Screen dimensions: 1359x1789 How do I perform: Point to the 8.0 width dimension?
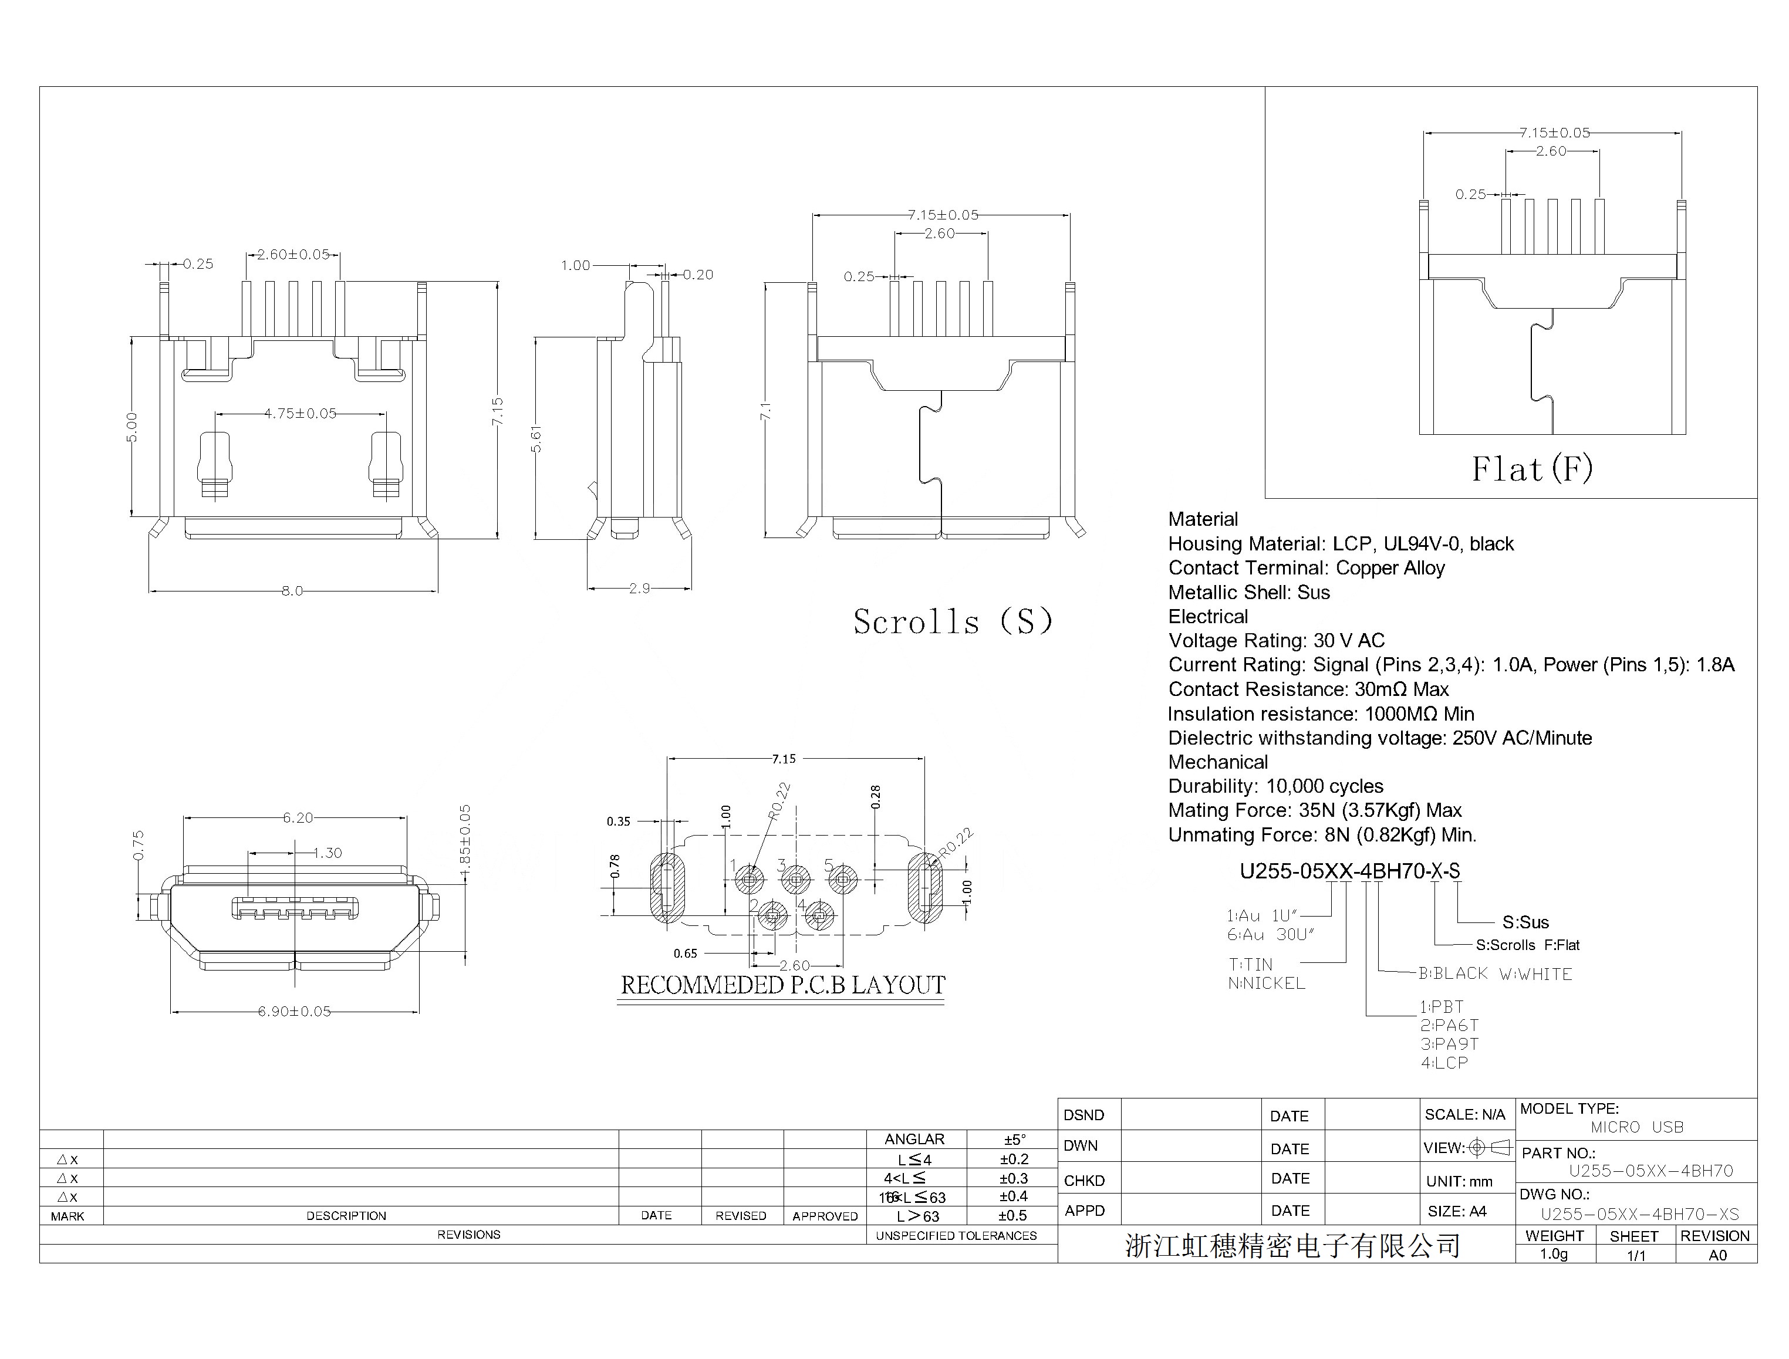click(292, 591)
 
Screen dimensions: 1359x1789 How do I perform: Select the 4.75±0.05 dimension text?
click(300, 413)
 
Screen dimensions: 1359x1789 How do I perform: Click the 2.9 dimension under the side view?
click(639, 589)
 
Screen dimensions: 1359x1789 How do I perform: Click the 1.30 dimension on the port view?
click(328, 853)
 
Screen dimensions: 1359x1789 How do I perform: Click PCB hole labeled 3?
click(797, 880)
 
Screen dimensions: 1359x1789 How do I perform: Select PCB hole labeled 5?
click(843, 880)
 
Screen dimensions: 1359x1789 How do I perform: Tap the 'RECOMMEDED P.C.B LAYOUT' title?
click(782, 985)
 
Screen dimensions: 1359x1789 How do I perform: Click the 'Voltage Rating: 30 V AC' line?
click(1276, 641)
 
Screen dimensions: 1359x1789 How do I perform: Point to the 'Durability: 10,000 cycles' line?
click(1275, 786)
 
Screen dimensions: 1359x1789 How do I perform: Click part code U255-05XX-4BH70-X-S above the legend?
click(1349, 871)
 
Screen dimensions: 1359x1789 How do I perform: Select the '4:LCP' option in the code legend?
click(1444, 1063)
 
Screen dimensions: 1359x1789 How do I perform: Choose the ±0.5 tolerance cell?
click(1012, 1216)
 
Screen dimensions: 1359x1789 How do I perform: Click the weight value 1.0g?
click(1554, 1254)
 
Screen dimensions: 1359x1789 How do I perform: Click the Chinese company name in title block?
click(1292, 1246)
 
